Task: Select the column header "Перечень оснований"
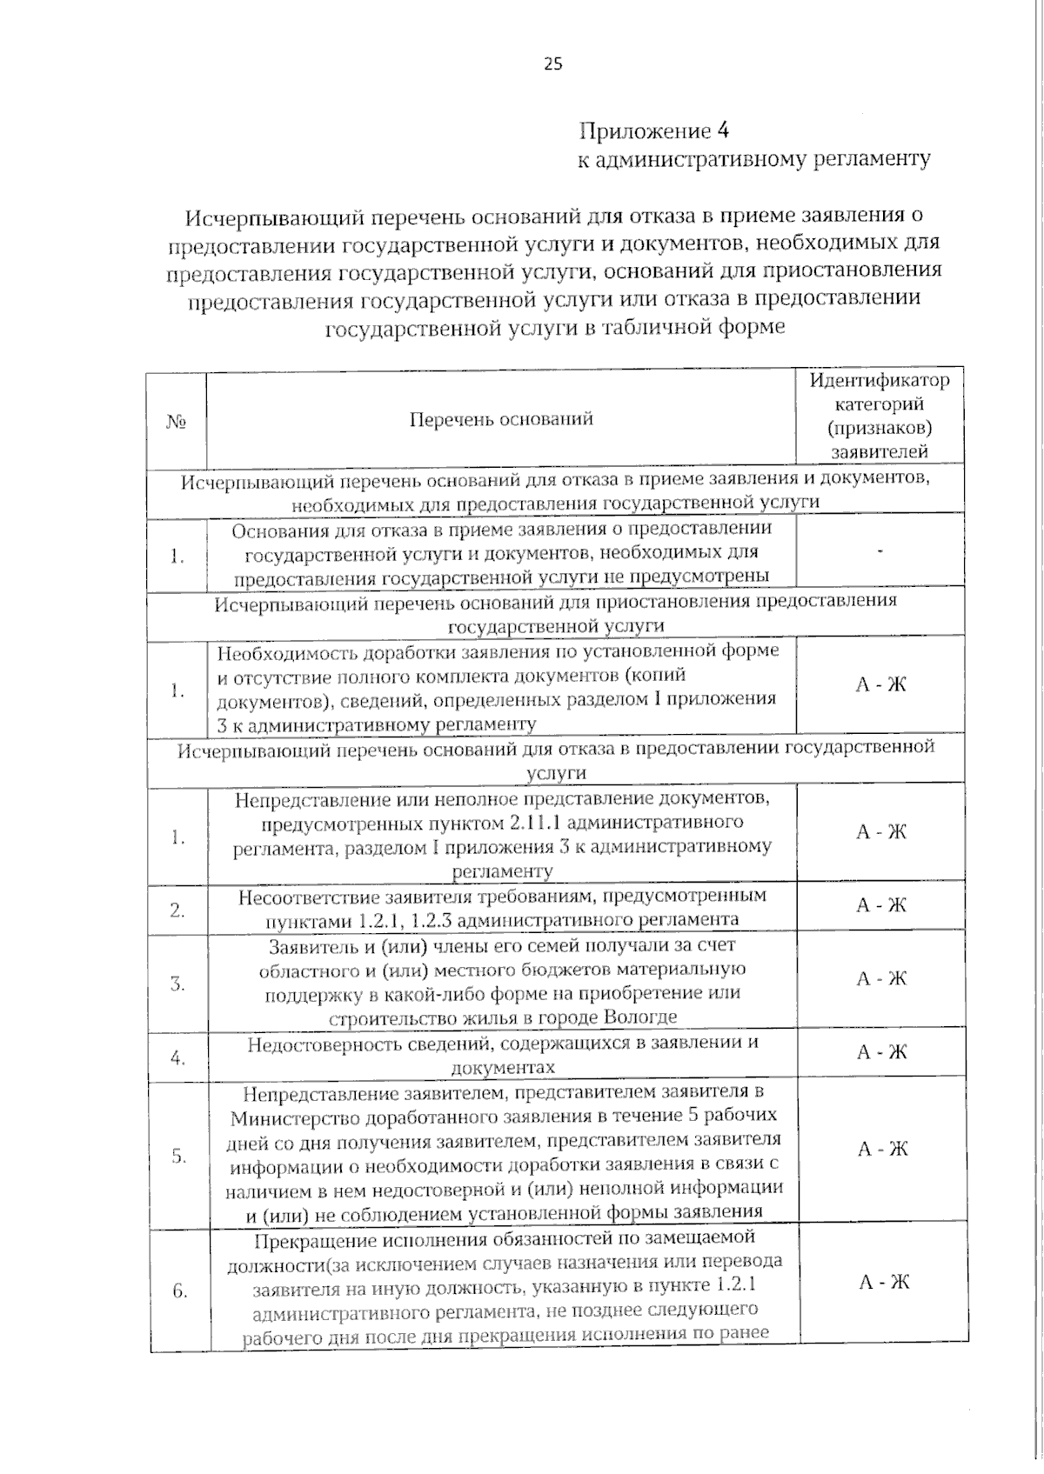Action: tap(501, 419)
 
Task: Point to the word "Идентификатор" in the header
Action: tap(880, 381)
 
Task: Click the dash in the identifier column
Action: tap(881, 551)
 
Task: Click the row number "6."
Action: tap(179, 1291)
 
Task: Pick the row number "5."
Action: tap(179, 1157)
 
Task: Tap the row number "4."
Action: tap(178, 1058)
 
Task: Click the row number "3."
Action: tap(177, 984)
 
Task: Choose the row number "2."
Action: tap(177, 910)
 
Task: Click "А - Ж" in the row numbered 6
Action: tap(884, 1283)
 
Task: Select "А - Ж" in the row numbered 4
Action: tap(882, 1052)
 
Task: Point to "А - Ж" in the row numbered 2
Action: tap(881, 905)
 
